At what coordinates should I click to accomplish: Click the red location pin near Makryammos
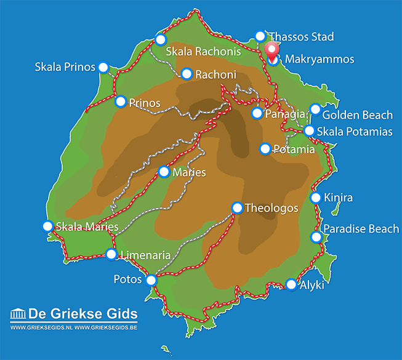(271, 50)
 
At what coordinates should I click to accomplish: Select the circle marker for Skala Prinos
(103, 67)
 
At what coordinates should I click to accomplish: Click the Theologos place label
(271, 208)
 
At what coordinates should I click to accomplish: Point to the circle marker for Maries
(164, 172)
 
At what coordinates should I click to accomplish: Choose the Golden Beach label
(357, 115)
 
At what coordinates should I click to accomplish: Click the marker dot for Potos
(151, 280)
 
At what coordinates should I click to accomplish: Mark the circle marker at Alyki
(291, 284)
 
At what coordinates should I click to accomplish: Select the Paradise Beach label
(361, 229)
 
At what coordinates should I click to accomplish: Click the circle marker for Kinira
(316, 198)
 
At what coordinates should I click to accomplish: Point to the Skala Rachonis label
(203, 52)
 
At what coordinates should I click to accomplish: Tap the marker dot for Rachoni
(187, 74)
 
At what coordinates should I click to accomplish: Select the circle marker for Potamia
(265, 149)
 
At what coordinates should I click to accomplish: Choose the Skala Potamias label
(357, 131)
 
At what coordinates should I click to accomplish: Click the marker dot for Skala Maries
(47, 226)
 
